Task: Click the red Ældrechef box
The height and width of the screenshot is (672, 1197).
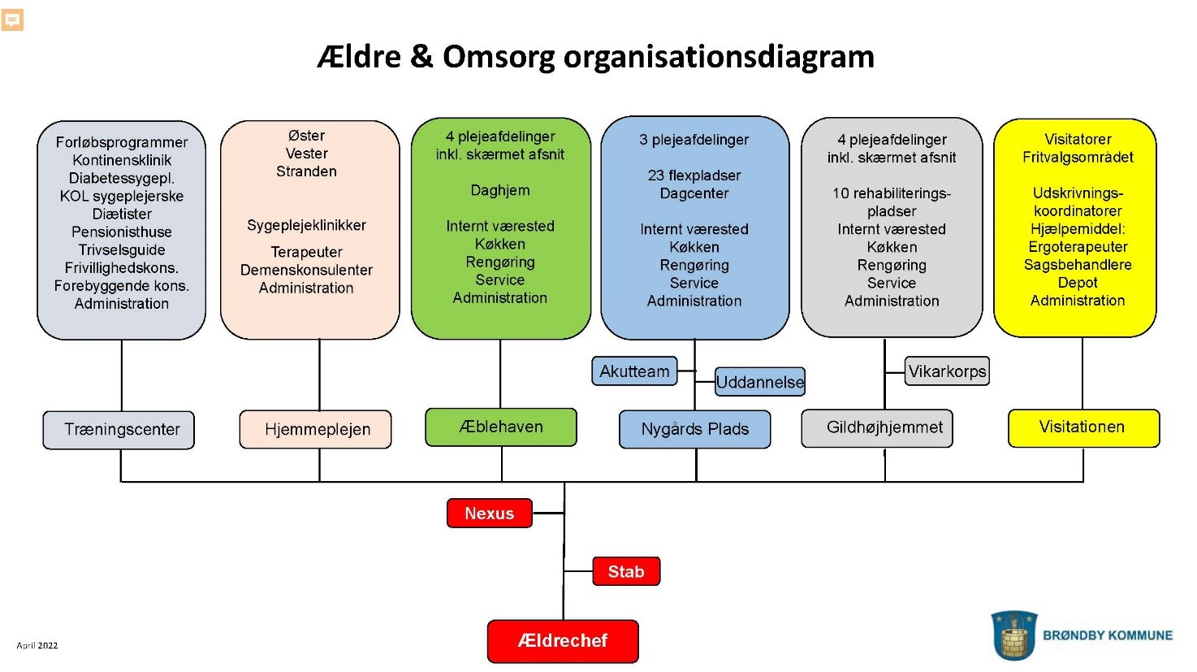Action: point(563,641)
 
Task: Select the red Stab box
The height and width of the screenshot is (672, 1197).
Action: point(625,571)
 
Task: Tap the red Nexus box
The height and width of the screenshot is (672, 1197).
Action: point(489,514)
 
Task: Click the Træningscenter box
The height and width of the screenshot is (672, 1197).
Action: point(119,430)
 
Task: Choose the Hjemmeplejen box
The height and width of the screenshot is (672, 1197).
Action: point(316,430)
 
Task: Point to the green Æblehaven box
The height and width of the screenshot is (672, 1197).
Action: point(501,427)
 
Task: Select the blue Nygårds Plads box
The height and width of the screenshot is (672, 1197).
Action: point(694,429)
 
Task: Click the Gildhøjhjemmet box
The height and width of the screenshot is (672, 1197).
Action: point(877,428)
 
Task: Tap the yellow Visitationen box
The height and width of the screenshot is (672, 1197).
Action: point(1083,427)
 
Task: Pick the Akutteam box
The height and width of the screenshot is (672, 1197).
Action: point(634,371)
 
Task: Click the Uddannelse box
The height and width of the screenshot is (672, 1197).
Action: point(760,382)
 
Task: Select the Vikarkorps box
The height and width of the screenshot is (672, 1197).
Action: point(947,371)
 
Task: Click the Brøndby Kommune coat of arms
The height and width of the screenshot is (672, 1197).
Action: point(1013,635)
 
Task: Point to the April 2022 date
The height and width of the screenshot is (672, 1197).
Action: point(37,646)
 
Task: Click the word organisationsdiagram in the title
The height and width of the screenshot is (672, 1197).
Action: point(719,57)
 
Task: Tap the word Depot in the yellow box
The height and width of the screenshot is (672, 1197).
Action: point(1078,283)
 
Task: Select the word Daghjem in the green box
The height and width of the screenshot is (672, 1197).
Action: point(500,190)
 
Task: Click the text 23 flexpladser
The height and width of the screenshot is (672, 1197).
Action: point(694,176)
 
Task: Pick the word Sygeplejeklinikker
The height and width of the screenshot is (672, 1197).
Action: point(306,225)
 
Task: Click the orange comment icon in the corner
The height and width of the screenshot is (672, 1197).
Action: point(12,20)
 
